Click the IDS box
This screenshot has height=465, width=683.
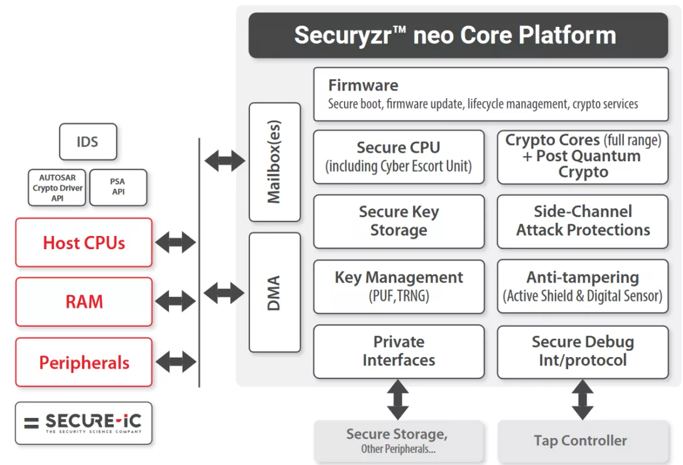(x=87, y=142)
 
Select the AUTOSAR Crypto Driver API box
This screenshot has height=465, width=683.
(x=57, y=188)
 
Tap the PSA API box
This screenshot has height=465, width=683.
(x=118, y=187)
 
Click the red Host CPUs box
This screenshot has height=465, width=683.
(x=84, y=243)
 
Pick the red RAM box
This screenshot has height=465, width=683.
(x=84, y=302)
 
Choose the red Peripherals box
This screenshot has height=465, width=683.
(x=84, y=363)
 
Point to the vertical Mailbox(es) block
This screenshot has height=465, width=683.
(x=274, y=163)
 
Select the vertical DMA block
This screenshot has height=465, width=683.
(x=274, y=292)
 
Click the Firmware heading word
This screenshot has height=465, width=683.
(x=363, y=85)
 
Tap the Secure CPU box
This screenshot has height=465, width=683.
(x=399, y=157)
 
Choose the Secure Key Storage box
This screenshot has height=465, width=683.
(x=399, y=222)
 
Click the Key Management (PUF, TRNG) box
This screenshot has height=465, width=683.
(x=399, y=286)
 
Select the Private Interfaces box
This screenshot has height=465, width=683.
(x=399, y=351)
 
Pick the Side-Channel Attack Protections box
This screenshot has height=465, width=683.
(x=583, y=222)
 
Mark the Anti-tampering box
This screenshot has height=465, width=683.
(x=583, y=286)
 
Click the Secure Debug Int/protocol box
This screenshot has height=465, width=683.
(x=583, y=351)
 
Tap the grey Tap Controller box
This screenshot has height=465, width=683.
(x=580, y=441)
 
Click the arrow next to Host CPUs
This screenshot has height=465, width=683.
(x=176, y=242)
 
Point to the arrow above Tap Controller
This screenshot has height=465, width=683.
(x=583, y=400)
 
